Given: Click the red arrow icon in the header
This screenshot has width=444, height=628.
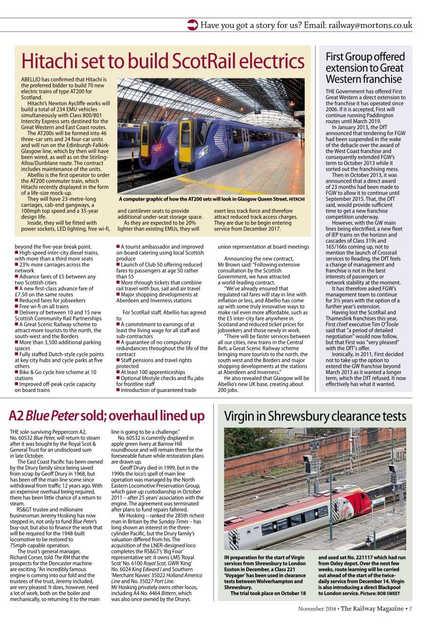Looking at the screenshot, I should [193, 25].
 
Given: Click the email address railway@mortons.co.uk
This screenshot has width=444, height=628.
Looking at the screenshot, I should [370, 25].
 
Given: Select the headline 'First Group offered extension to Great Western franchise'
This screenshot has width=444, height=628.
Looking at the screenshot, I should [365, 68].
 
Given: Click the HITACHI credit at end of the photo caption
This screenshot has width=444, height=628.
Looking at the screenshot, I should [296, 200].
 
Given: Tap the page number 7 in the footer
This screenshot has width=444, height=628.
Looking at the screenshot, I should [411, 609].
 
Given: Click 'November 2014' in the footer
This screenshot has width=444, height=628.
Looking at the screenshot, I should [317, 609].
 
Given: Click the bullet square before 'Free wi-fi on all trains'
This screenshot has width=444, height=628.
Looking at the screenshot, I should [17, 306].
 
